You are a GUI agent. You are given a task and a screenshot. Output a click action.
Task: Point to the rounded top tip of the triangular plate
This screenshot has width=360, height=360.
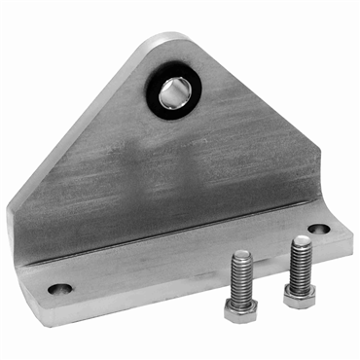(x=167, y=41)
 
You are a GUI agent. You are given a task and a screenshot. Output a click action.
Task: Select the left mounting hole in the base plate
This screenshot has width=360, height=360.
(x=59, y=289)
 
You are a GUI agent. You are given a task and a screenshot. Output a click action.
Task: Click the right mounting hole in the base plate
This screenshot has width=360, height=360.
(x=319, y=231)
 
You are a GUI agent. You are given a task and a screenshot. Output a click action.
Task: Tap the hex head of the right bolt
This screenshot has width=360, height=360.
(x=301, y=293)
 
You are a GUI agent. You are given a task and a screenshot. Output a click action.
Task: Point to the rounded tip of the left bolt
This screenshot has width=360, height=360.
(x=240, y=256)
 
